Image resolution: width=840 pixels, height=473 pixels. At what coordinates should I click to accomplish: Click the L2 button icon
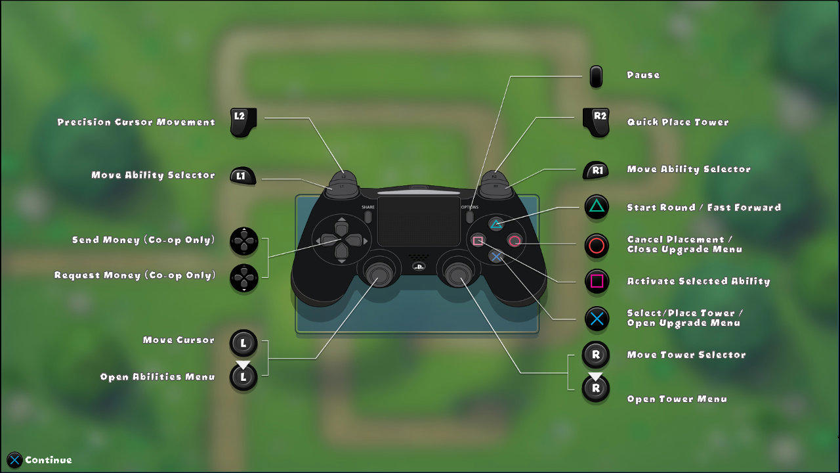click(243, 122)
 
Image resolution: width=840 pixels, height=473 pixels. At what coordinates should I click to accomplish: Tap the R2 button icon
click(596, 122)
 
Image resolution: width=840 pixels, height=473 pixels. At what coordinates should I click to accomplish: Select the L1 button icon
click(243, 175)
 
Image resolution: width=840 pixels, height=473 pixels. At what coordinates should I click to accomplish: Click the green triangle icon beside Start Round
click(597, 207)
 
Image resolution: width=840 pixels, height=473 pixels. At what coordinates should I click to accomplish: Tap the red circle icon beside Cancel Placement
click(597, 246)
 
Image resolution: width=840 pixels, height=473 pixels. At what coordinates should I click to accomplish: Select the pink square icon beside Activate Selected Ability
click(597, 281)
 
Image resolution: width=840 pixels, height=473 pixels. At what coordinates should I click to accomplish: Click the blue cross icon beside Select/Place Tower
click(597, 319)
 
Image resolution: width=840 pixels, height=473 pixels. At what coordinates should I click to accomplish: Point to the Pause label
click(643, 75)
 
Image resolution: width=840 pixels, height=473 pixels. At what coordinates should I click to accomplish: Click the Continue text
click(49, 460)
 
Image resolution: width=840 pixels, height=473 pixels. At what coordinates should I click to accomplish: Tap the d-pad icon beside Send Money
click(244, 241)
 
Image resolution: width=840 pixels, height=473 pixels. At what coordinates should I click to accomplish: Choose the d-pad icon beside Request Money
click(244, 278)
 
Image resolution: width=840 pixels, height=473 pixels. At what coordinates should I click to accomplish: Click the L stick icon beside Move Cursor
click(243, 343)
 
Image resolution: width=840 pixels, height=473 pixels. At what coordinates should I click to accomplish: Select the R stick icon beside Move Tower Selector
click(595, 354)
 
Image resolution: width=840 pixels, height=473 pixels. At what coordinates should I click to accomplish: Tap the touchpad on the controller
click(419, 221)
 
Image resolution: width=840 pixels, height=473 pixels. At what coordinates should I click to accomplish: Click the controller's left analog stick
click(379, 274)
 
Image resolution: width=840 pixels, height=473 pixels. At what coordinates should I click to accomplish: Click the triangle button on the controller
click(496, 225)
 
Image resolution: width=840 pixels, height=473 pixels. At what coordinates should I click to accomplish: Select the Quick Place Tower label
click(678, 122)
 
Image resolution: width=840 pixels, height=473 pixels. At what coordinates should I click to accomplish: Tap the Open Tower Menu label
click(677, 399)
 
